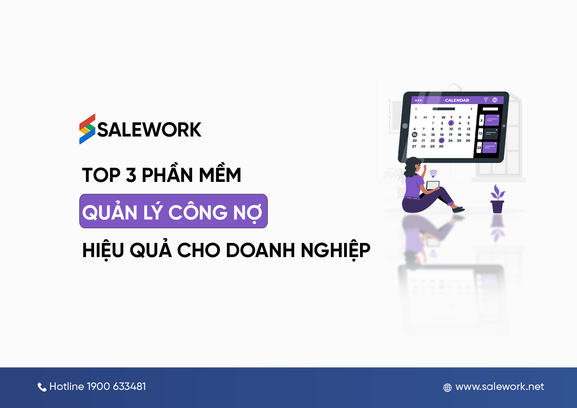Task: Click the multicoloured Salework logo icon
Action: point(87,129)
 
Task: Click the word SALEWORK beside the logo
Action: point(149,130)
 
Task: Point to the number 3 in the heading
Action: point(131,175)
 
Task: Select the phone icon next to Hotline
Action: point(42,387)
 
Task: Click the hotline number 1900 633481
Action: point(116,386)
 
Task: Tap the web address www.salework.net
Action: point(499,386)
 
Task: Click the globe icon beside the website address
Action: point(447,388)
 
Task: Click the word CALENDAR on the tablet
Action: point(457,100)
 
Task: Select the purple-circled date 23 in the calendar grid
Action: point(441,140)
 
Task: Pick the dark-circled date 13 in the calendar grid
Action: point(415,135)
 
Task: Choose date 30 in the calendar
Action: point(441,146)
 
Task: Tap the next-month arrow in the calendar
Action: point(472,109)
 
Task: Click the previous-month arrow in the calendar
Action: point(416,109)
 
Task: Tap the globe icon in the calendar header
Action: point(495,100)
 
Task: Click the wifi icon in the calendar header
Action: point(486,100)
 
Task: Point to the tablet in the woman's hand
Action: point(433,185)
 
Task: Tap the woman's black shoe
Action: point(458,209)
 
